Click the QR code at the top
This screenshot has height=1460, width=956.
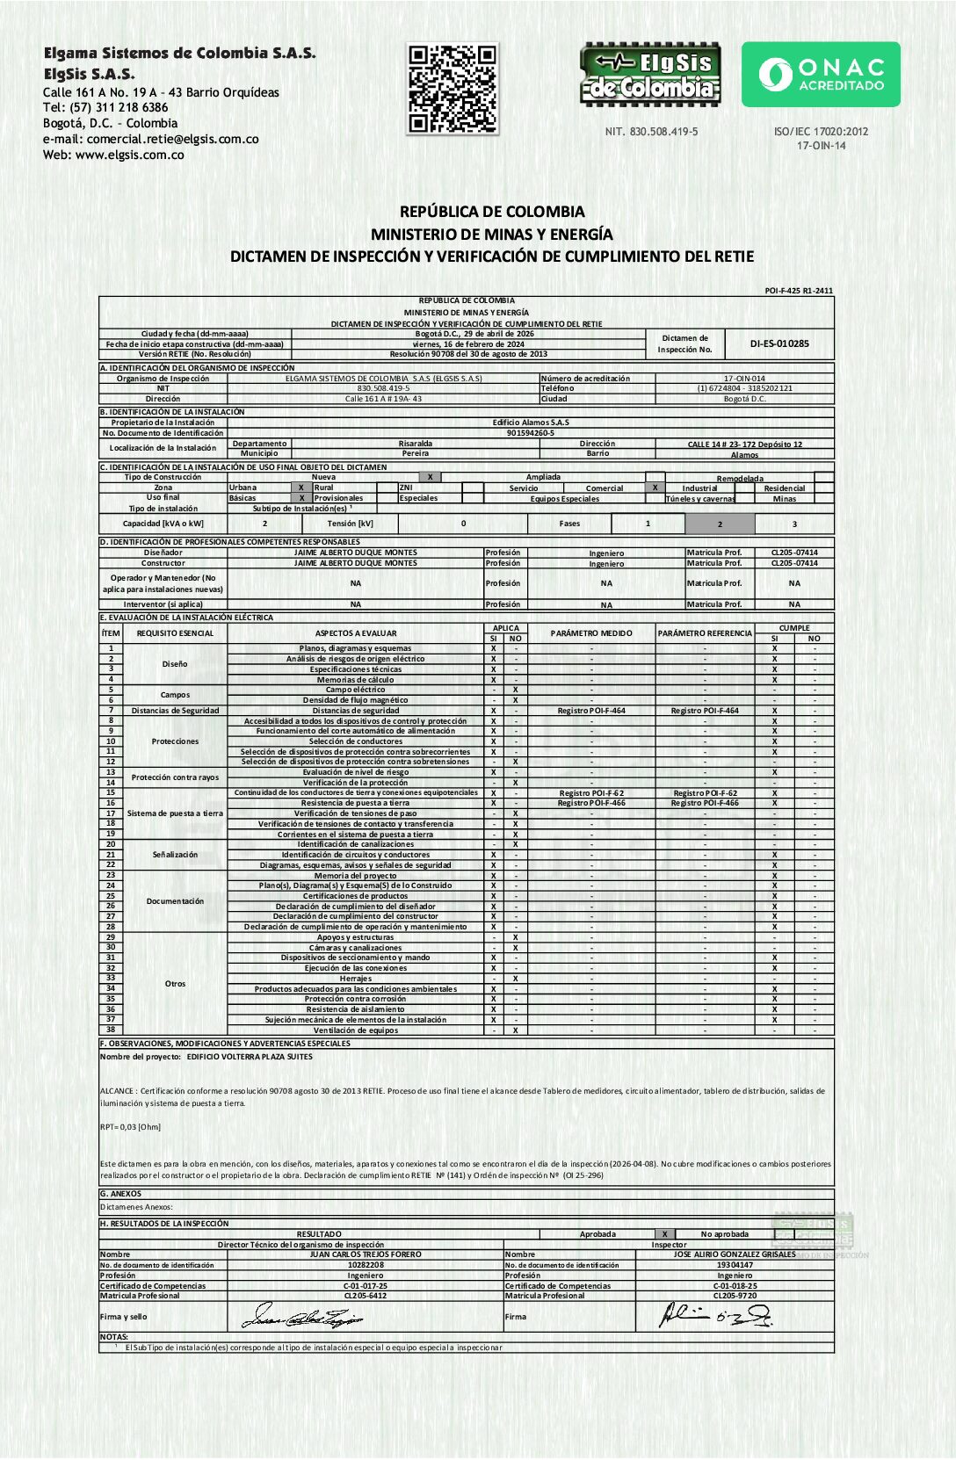453,89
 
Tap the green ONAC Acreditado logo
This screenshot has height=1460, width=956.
821,75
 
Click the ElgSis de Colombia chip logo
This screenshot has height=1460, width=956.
650,75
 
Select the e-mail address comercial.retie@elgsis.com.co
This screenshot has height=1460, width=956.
172,139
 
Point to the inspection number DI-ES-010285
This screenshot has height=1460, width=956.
779,343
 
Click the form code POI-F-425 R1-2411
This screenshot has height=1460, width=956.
799,291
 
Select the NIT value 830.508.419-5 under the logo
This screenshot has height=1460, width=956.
651,132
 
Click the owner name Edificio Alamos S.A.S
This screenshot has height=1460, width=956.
531,423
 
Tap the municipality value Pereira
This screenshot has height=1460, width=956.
416,454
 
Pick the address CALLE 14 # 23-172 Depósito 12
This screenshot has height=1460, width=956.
744,445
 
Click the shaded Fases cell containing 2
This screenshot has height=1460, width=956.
719,524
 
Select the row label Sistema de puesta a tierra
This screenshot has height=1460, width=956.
175,813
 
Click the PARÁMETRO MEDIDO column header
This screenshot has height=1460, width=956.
591,633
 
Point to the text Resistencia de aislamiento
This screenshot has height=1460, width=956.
355,1009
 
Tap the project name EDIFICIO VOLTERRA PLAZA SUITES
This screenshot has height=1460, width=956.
250,1057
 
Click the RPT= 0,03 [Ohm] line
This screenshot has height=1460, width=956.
131,1126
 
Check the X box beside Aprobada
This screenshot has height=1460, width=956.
665,1234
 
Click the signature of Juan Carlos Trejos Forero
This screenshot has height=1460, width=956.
303,1316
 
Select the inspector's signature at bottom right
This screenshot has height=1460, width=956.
715,1315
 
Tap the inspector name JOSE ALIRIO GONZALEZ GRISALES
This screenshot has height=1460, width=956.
735,1254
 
